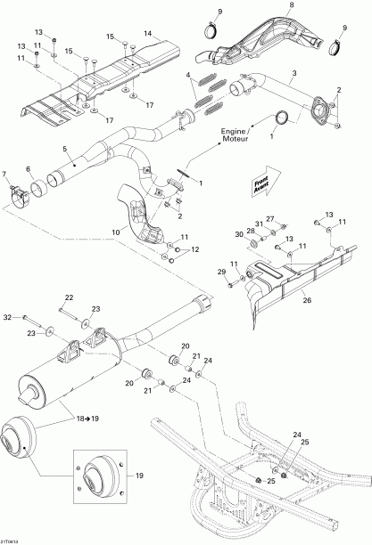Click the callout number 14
148,34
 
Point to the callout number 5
63,149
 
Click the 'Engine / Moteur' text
243,137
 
